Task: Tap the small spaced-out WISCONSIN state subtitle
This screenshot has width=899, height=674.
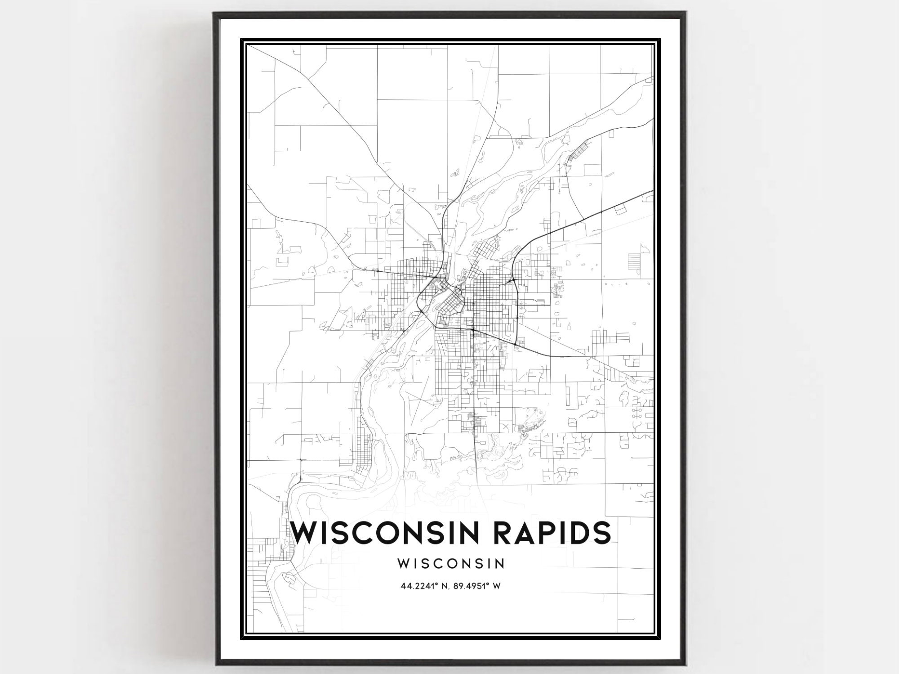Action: click(x=451, y=563)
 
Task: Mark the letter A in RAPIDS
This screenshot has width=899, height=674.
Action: click(x=525, y=533)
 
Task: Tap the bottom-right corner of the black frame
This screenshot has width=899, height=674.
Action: click(x=684, y=664)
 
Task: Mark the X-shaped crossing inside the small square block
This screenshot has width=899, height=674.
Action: click(x=506, y=426)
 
